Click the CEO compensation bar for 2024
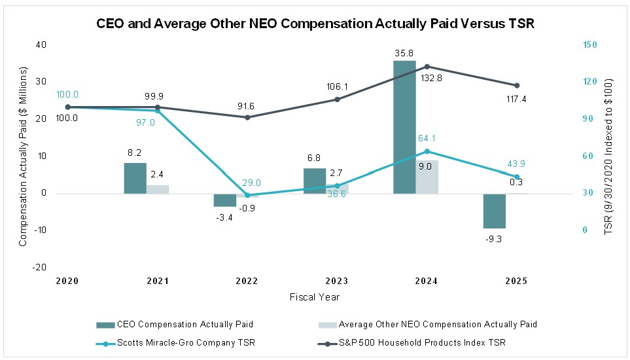coord(404,127)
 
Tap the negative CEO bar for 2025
coord(495,211)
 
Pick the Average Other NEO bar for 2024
coord(427,177)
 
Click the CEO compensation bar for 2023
coord(315,181)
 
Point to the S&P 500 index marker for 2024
coord(427,67)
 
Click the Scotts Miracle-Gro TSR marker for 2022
coord(247,195)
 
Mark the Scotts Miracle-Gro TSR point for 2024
coord(427,151)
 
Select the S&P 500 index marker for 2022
coord(247,117)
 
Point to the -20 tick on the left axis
coord(40,267)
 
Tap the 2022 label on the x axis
coord(247,281)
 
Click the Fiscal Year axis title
coord(315,297)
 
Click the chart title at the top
coord(315,24)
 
